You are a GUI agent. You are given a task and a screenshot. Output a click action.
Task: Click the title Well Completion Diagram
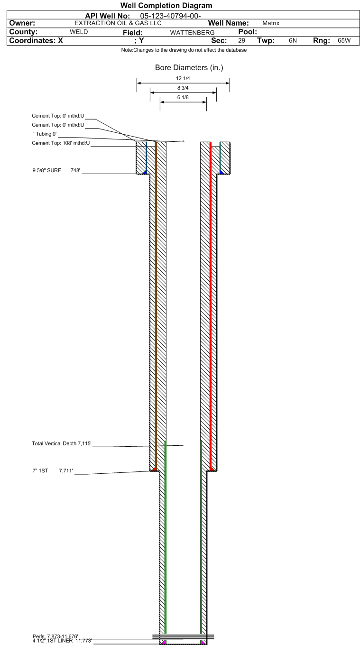pos(166,6)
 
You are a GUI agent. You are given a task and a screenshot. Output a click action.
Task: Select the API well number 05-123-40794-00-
pos(170,16)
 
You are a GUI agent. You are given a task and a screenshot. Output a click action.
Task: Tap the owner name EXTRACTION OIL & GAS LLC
pos(118,23)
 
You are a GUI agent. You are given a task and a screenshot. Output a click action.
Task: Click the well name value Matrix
pos(271,23)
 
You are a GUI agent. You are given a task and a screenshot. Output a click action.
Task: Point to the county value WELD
pos(79,32)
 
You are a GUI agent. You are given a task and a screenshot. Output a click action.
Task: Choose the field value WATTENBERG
pos(192,33)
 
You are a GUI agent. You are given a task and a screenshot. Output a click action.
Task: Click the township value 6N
pos(293,40)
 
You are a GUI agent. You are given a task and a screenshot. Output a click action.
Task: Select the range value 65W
pos(344,40)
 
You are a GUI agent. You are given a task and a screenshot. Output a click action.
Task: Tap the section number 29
pos(241,40)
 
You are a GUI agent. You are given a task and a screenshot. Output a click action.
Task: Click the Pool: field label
pos(248,32)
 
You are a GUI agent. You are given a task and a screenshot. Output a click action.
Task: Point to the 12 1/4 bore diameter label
pos(183,78)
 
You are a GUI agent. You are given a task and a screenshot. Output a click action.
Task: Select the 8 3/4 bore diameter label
pos(183,88)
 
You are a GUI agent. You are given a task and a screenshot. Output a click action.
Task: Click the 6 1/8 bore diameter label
pos(183,97)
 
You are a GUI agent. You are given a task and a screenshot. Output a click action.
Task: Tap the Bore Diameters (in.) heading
pos(189,67)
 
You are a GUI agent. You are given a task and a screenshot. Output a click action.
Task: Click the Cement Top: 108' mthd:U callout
pos(61,143)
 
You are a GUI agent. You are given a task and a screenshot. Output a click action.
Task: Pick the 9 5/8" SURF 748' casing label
pos(56,170)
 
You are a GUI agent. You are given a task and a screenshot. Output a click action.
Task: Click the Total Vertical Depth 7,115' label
pos(62,443)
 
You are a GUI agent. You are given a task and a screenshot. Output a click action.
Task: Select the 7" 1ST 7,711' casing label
pos(53,470)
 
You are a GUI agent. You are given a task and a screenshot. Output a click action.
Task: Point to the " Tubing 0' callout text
pos(45,134)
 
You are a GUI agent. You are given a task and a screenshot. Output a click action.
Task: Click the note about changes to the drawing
pos(184,50)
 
